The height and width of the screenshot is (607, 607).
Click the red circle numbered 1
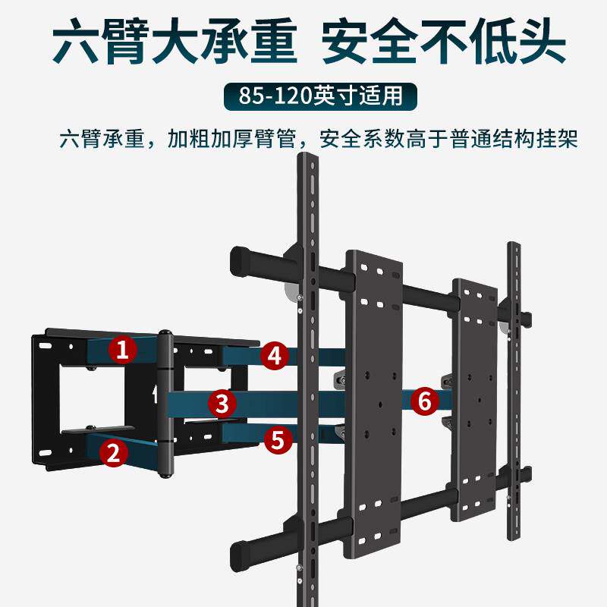[x=122, y=350]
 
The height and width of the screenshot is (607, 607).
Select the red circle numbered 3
[x=222, y=403]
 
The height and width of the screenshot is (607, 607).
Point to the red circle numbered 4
[x=275, y=355]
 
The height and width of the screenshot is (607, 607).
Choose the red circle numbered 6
[x=425, y=400]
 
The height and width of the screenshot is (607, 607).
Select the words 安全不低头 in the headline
[x=443, y=45]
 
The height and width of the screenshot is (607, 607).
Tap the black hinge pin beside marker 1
[x=166, y=402]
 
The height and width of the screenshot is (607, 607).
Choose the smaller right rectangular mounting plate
[x=475, y=400]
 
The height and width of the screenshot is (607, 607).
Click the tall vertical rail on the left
[x=307, y=379]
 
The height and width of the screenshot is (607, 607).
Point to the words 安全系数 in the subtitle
[x=353, y=140]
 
